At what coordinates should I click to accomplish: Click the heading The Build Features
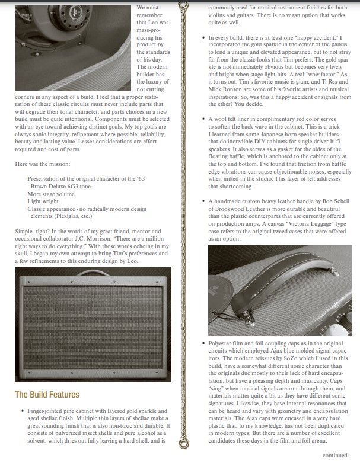point(47,395)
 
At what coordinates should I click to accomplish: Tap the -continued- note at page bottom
point(336,455)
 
